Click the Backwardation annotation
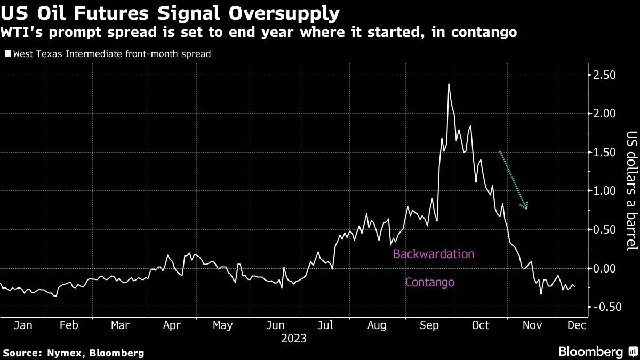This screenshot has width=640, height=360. [433, 254]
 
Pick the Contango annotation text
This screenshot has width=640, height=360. [430, 282]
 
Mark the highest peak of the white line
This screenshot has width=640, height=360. [449, 84]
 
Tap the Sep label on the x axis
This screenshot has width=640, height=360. [429, 325]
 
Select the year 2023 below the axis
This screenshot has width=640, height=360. [293, 338]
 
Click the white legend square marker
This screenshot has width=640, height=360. [7, 54]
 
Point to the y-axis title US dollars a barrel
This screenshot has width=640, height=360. [631, 190]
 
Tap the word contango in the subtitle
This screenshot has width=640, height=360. [483, 33]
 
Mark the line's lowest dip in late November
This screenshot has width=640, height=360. [541, 294]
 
